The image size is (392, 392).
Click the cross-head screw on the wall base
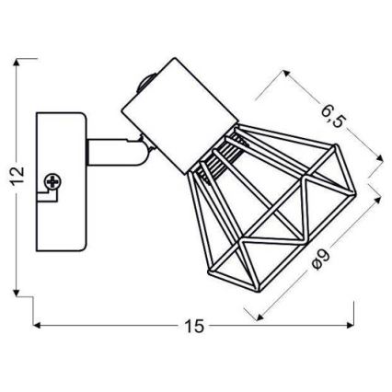(53, 182)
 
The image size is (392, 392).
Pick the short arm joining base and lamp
(115, 152)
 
